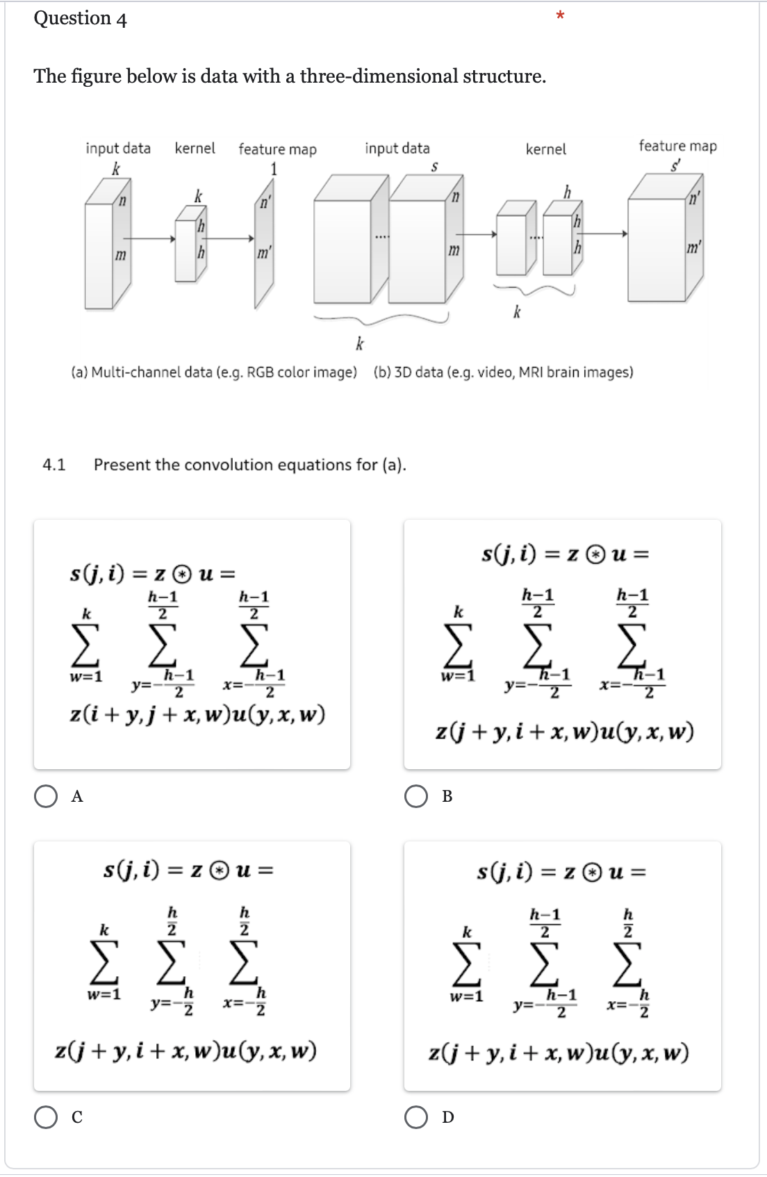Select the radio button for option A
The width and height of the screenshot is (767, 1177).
click(x=46, y=796)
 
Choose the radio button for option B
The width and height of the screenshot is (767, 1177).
click(x=416, y=796)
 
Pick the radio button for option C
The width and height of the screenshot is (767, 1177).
click(x=46, y=1117)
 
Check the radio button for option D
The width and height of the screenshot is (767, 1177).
click(x=416, y=1117)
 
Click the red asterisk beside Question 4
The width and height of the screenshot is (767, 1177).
click(x=561, y=15)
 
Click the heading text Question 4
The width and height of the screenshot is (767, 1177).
click(x=80, y=18)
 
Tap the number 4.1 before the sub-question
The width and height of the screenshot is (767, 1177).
click(x=54, y=465)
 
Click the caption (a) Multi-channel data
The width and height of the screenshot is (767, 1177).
click(x=214, y=372)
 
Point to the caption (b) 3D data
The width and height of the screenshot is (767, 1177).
click(x=503, y=372)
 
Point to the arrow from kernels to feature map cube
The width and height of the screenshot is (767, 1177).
click(x=605, y=233)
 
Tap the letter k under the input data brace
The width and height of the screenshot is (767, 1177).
click(x=359, y=343)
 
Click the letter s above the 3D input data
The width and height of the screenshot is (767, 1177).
click(x=434, y=167)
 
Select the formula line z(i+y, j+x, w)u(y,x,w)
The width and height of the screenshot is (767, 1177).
click(x=197, y=715)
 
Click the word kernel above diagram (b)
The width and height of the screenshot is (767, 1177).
click(x=545, y=149)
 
